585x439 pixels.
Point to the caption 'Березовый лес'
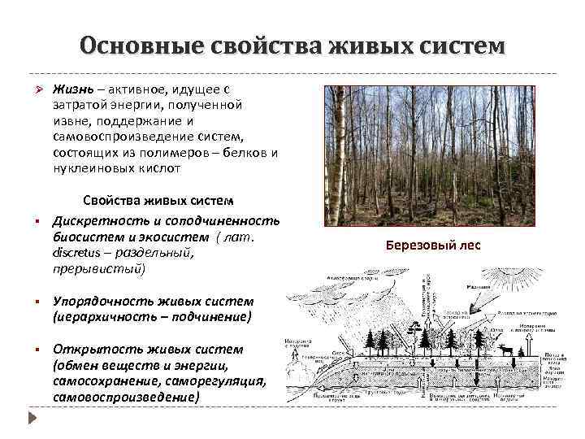coord(432,245)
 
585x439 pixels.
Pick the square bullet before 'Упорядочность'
coord(34,302)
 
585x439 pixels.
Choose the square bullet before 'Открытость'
coord(34,350)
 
